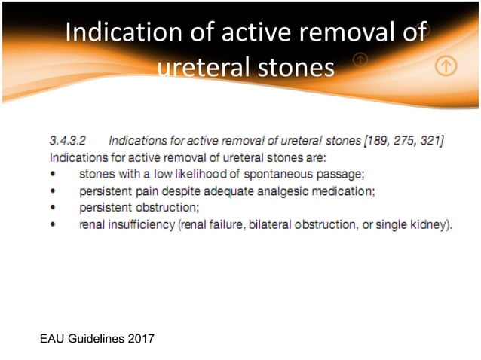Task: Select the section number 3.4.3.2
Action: pos(69,140)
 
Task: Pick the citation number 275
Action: pos(401,140)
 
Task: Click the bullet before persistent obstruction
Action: pos(53,208)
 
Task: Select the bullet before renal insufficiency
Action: pos(53,224)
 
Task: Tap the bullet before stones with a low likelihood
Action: pos(53,175)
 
